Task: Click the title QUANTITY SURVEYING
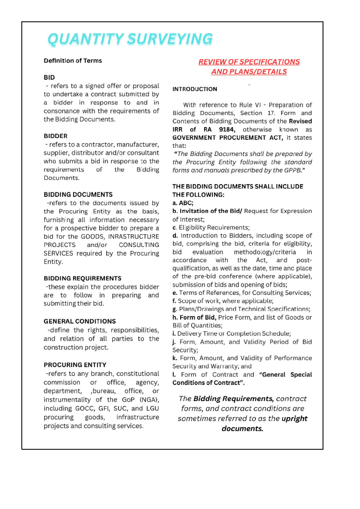click(130, 39)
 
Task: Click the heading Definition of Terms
click(73, 61)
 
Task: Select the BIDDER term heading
click(55, 136)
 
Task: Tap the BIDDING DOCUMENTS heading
click(78, 194)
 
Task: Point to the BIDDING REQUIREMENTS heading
click(82, 278)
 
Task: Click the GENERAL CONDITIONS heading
click(79, 321)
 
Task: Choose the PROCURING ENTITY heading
click(75, 365)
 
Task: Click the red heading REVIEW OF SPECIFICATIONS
click(249, 62)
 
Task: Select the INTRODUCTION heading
click(195, 89)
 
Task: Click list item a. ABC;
click(183, 203)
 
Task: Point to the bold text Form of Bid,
click(198, 317)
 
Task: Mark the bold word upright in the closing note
click(294, 418)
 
